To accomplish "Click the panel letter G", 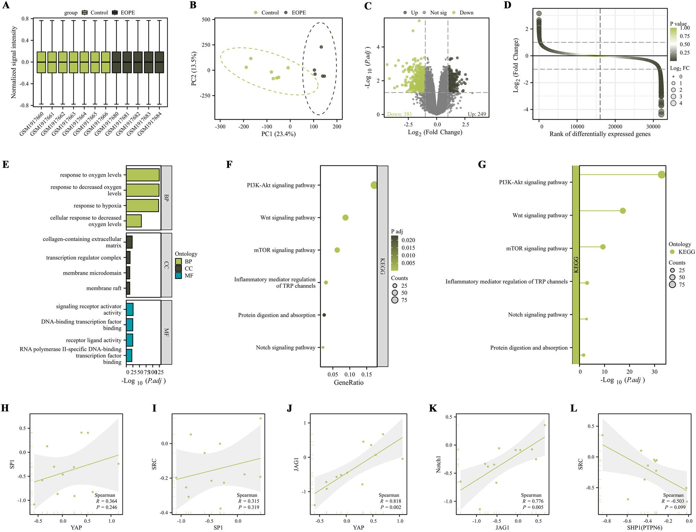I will pyautogui.click(x=482, y=165).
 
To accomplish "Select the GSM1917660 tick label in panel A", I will pyautogui.click(x=32, y=123).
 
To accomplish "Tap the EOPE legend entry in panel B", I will pyautogui.click(x=298, y=13).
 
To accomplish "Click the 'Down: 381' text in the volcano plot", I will pyautogui.click(x=399, y=114).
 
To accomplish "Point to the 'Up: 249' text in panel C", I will pyautogui.click(x=477, y=114).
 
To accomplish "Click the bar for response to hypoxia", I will pyautogui.click(x=142, y=206).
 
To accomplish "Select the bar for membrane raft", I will pyautogui.click(x=128, y=288).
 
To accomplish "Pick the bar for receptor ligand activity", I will pyautogui.click(x=130, y=340).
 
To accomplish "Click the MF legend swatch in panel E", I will pyautogui.click(x=178, y=276).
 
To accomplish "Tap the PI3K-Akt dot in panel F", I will pyautogui.click(x=374, y=185).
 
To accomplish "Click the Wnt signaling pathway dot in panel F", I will pyautogui.click(x=345, y=218).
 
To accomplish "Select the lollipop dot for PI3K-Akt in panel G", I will pyautogui.click(x=661, y=175).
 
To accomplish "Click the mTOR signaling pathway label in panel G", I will pyautogui.click(x=537, y=248).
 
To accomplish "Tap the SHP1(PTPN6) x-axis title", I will pyautogui.click(x=644, y=528).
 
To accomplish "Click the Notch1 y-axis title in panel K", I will pyautogui.click(x=438, y=464).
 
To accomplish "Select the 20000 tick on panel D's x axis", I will pyautogui.click(x=615, y=126).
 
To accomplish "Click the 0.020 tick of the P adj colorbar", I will pyautogui.click(x=408, y=240).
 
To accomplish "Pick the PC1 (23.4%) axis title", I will pyautogui.click(x=278, y=134).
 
